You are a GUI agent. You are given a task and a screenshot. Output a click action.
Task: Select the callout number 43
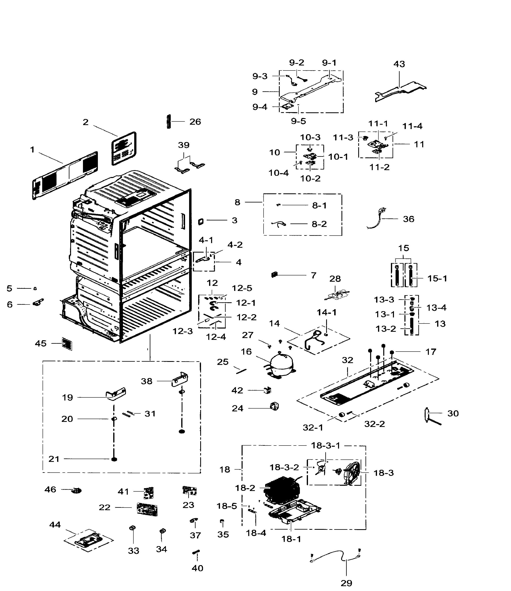pyautogui.click(x=399, y=64)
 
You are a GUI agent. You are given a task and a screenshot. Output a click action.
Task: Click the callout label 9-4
pyautogui.click(x=260, y=107)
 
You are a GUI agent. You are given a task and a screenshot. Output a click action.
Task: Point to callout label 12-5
pyautogui.click(x=242, y=288)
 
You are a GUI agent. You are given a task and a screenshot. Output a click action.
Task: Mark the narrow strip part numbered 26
pyautogui.click(x=169, y=122)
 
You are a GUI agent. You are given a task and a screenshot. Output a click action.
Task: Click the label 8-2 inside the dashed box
pyautogui.click(x=319, y=224)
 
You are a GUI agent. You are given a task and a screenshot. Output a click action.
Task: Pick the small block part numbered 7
pyautogui.click(x=274, y=275)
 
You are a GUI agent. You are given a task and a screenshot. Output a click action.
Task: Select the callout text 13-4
pyautogui.click(x=436, y=308)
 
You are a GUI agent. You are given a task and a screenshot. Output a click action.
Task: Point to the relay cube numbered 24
pyautogui.click(x=274, y=407)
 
